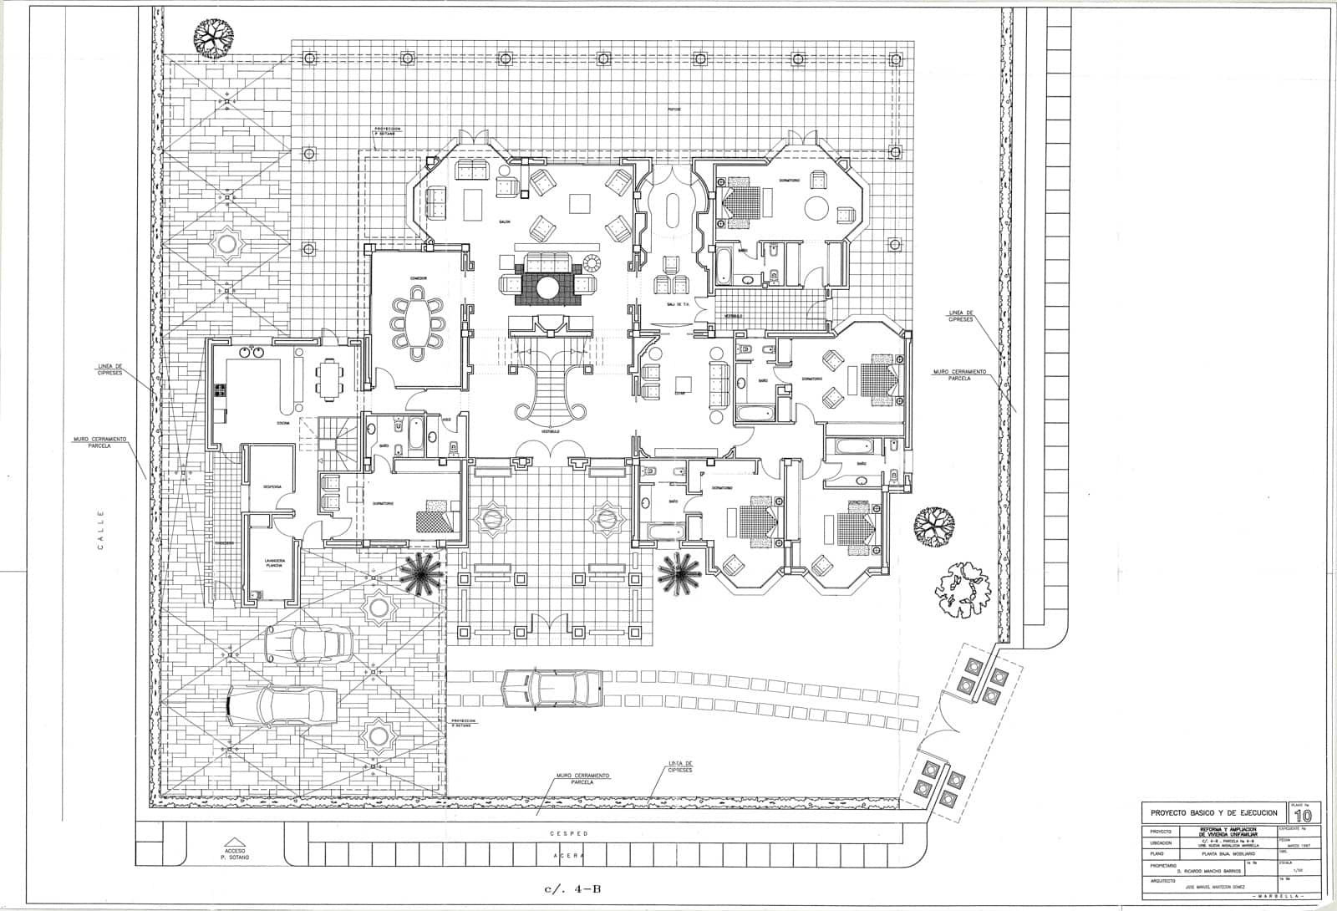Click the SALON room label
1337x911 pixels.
pos(505,221)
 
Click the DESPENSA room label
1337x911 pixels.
pos(272,486)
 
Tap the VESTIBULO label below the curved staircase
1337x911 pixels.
pos(550,431)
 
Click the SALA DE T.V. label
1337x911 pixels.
pos(677,304)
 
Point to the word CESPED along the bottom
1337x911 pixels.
pos(568,834)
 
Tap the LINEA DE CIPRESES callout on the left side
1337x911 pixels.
pos(109,369)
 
